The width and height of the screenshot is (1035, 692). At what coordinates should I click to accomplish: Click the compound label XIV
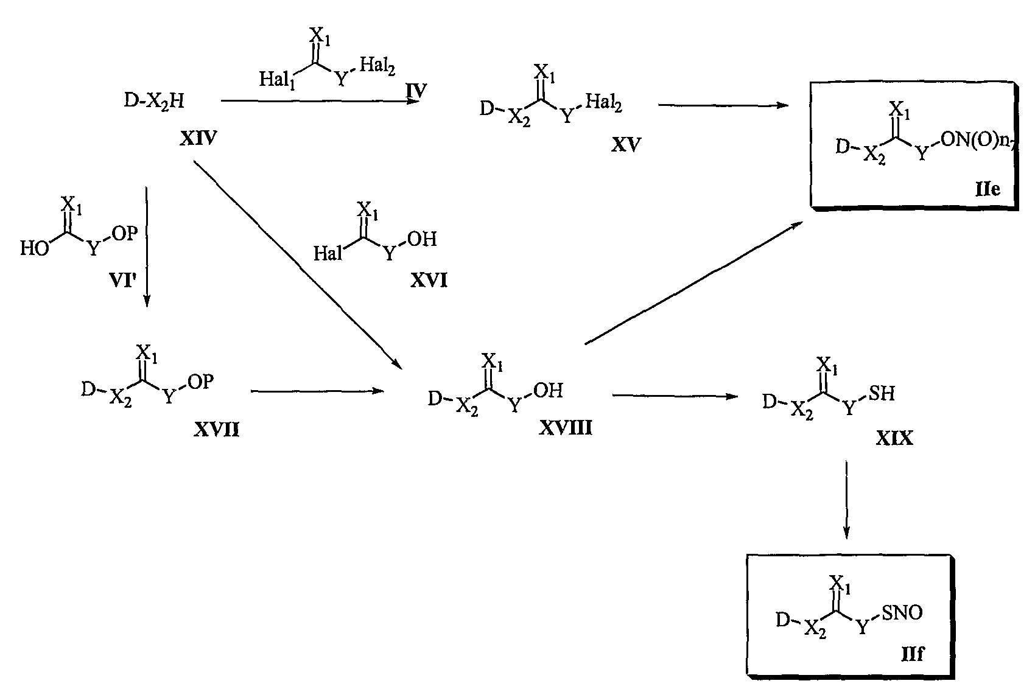tap(198, 138)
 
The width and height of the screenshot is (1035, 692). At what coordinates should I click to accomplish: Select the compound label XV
tap(626, 145)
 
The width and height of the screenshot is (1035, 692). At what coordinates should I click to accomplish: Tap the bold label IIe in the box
tap(988, 189)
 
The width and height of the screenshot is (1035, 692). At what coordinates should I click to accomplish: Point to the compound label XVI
tap(429, 281)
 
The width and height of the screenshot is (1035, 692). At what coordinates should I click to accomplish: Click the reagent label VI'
tap(122, 280)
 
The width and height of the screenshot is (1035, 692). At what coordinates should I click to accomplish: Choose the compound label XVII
tap(216, 430)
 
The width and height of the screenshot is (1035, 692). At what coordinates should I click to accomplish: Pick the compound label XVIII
tap(565, 428)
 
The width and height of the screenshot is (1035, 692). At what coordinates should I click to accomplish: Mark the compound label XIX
tap(894, 438)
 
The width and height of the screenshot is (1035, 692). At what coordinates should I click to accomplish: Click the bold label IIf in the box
tap(913, 654)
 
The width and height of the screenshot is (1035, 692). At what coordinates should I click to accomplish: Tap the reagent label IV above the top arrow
tap(416, 91)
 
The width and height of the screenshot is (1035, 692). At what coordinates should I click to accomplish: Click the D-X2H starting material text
tap(154, 100)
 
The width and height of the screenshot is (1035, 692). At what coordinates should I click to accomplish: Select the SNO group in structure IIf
tap(902, 612)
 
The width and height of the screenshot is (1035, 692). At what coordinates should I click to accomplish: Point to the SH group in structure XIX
tap(882, 394)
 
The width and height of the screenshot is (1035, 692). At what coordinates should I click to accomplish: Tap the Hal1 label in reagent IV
tap(277, 80)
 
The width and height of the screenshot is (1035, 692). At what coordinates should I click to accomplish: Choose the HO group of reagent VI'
tap(34, 248)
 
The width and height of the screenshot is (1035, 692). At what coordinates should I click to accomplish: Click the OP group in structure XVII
tap(200, 382)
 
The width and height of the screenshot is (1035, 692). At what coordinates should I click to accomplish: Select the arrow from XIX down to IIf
tap(846, 500)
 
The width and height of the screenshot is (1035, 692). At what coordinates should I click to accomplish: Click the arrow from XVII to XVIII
tap(317, 391)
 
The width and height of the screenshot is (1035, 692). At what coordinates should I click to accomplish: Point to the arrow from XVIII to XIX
tap(675, 396)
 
